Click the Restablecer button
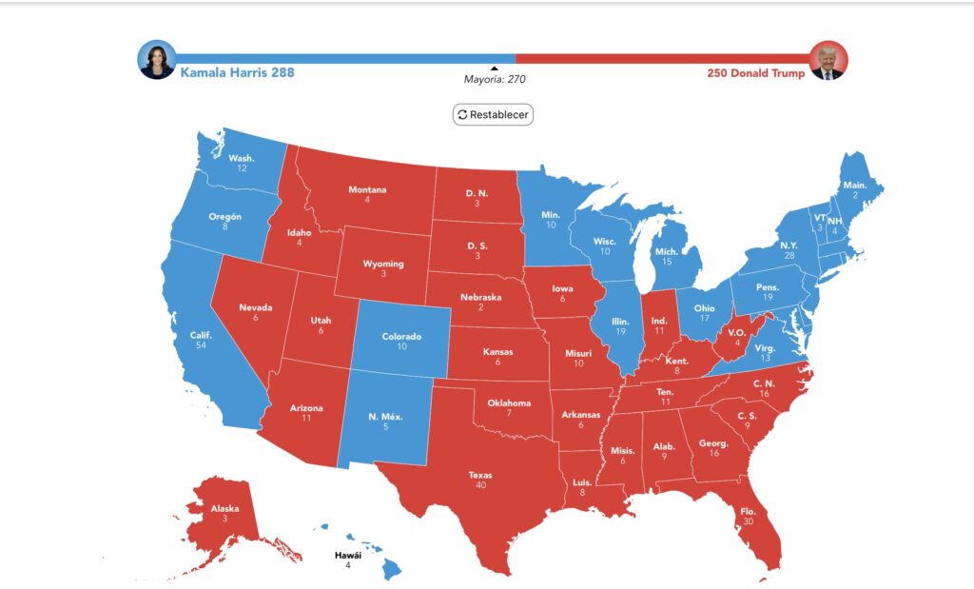tap(493, 114)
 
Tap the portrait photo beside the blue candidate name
tap(156, 60)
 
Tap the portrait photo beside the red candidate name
tap(828, 60)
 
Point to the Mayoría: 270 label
tap(494, 79)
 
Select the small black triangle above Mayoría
tap(494, 69)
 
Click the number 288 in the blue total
tap(281, 72)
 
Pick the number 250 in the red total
tap(720, 73)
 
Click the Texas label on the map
tap(480, 474)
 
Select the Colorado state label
tap(401, 335)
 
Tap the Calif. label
tap(200, 334)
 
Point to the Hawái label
tap(347, 555)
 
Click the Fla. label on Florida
tap(748, 510)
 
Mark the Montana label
tap(367, 189)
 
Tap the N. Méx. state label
tap(385, 416)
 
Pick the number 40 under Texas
tap(480, 485)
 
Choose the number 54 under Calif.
tap(200, 345)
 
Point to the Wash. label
tap(242, 158)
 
